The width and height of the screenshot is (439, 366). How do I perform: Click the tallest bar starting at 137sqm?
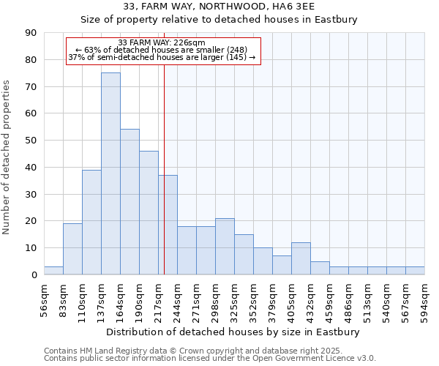pos(110,173)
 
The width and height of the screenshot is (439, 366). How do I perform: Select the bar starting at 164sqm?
pos(130,202)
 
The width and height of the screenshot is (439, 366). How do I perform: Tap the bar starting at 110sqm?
pos(91,222)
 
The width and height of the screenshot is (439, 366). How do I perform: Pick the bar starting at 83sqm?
pos(72,249)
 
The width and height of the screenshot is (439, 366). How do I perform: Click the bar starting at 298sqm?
pos(225,246)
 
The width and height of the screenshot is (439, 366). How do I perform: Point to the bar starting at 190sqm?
pos(149,212)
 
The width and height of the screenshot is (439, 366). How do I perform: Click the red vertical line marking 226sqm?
pos(164,183)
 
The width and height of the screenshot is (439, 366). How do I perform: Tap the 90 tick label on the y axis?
pos(31,33)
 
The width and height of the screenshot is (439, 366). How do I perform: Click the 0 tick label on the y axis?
pos(34,275)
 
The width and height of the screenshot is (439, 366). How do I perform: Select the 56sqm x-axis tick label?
pos(45,300)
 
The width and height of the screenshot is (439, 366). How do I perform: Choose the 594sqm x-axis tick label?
pos(425,300)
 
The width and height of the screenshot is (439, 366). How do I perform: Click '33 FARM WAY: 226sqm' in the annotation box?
pos(162,42)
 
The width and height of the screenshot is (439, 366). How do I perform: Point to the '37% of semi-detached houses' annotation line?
pos(162,57)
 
